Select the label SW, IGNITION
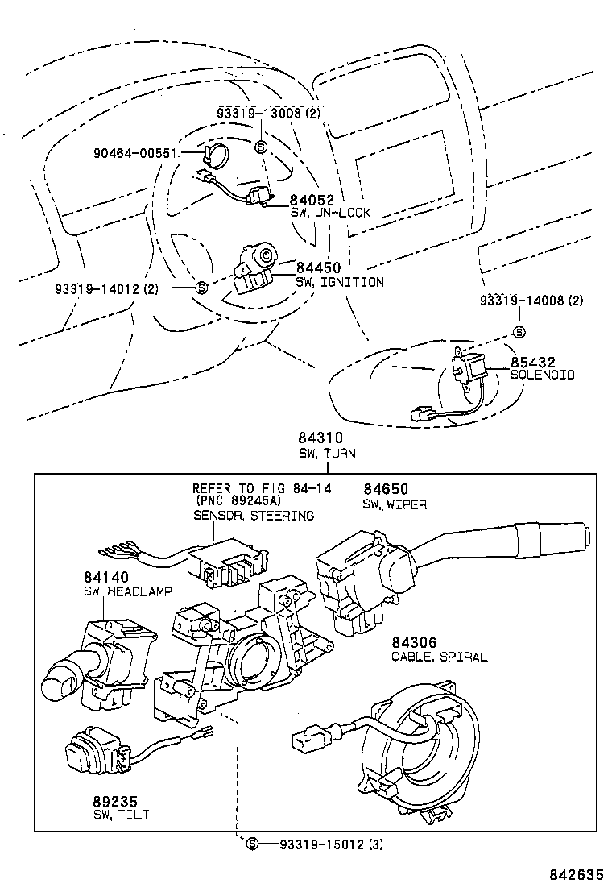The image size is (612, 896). click(339, 282)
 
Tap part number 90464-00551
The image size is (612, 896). click(132, 151)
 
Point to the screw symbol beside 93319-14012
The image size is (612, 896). click(201, 288)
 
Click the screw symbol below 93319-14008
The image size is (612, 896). click(519, 332)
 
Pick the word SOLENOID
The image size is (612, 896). click(542, 375)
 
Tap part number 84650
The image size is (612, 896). click(385, 489)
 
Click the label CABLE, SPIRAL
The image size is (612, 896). click(439, 657)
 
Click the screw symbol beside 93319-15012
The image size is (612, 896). click(252, 844)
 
